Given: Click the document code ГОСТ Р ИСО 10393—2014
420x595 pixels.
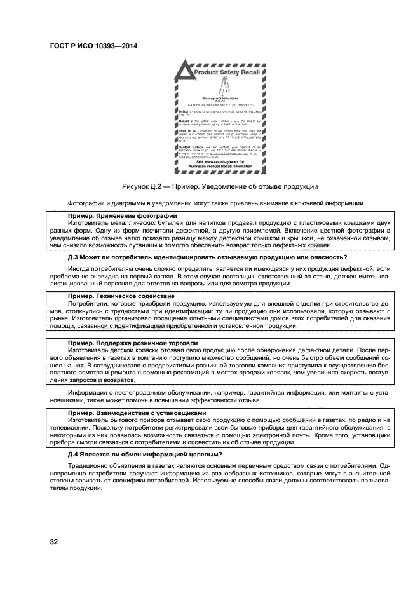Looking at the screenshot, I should (93, 46).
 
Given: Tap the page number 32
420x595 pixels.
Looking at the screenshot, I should (54, 541).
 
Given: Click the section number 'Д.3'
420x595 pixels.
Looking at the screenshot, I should (74, 257).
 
